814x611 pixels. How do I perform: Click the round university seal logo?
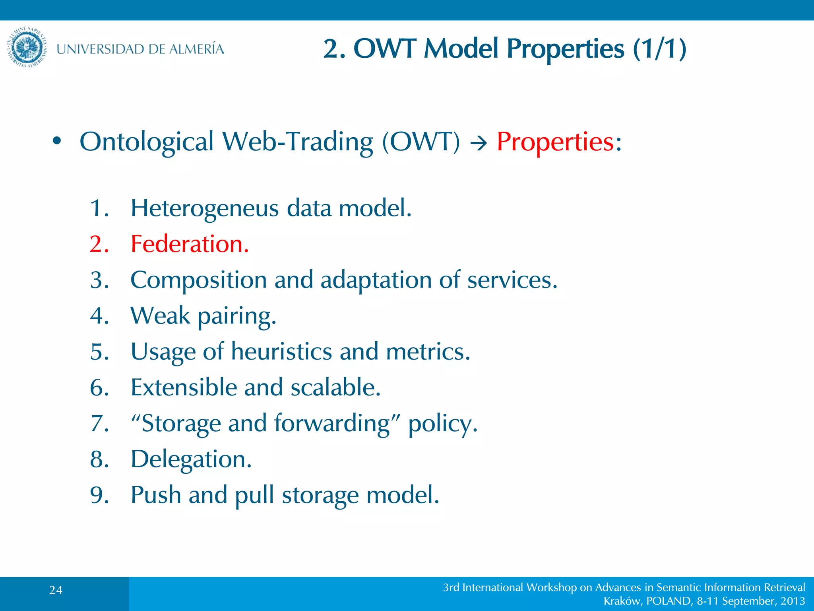[x=27, y=47]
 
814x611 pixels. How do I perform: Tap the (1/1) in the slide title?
[x=659, y=49]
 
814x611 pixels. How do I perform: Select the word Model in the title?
[x=461, y=49]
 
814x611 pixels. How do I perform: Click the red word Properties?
[x=555, y=142]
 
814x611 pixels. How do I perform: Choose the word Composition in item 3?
[x=198, y=280]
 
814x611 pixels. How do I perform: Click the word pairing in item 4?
[x=236, y=316]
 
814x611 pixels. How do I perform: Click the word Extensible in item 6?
[x=184, y=387]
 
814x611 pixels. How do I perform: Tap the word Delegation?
[x=191, y=459]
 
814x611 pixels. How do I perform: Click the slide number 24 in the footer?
[x=56, y=590]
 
